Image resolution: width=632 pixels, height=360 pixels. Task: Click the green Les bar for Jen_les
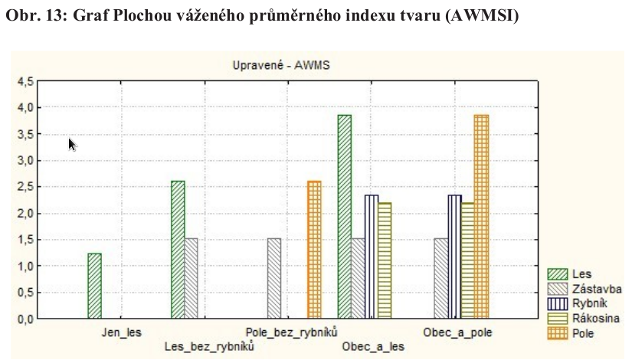click(x=94, y=286)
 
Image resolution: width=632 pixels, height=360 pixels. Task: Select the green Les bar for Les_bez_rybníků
click(x=177, y=250)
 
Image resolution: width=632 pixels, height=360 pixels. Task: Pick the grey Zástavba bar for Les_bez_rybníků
click(x=191, y=278)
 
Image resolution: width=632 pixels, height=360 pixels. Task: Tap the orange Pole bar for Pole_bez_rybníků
click(x=314, y=250)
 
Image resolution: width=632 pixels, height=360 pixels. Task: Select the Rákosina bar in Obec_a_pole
click(x=467, y=260)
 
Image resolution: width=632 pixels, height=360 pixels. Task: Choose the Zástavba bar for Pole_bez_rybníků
click(x=273, y=278)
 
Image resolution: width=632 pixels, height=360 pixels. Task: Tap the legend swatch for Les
click(x=557, y=274)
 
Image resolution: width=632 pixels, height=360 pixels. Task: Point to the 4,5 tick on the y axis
click(x=25, y=81)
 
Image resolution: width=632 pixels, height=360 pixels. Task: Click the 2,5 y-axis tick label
click(x=25, y=187)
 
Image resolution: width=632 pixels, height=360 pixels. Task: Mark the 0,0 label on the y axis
click(x=25, y=319)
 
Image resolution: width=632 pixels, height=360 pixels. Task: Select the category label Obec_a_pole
click(x=458, y=332)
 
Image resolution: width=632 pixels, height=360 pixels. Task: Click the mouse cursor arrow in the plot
click(x=72, y=144)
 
